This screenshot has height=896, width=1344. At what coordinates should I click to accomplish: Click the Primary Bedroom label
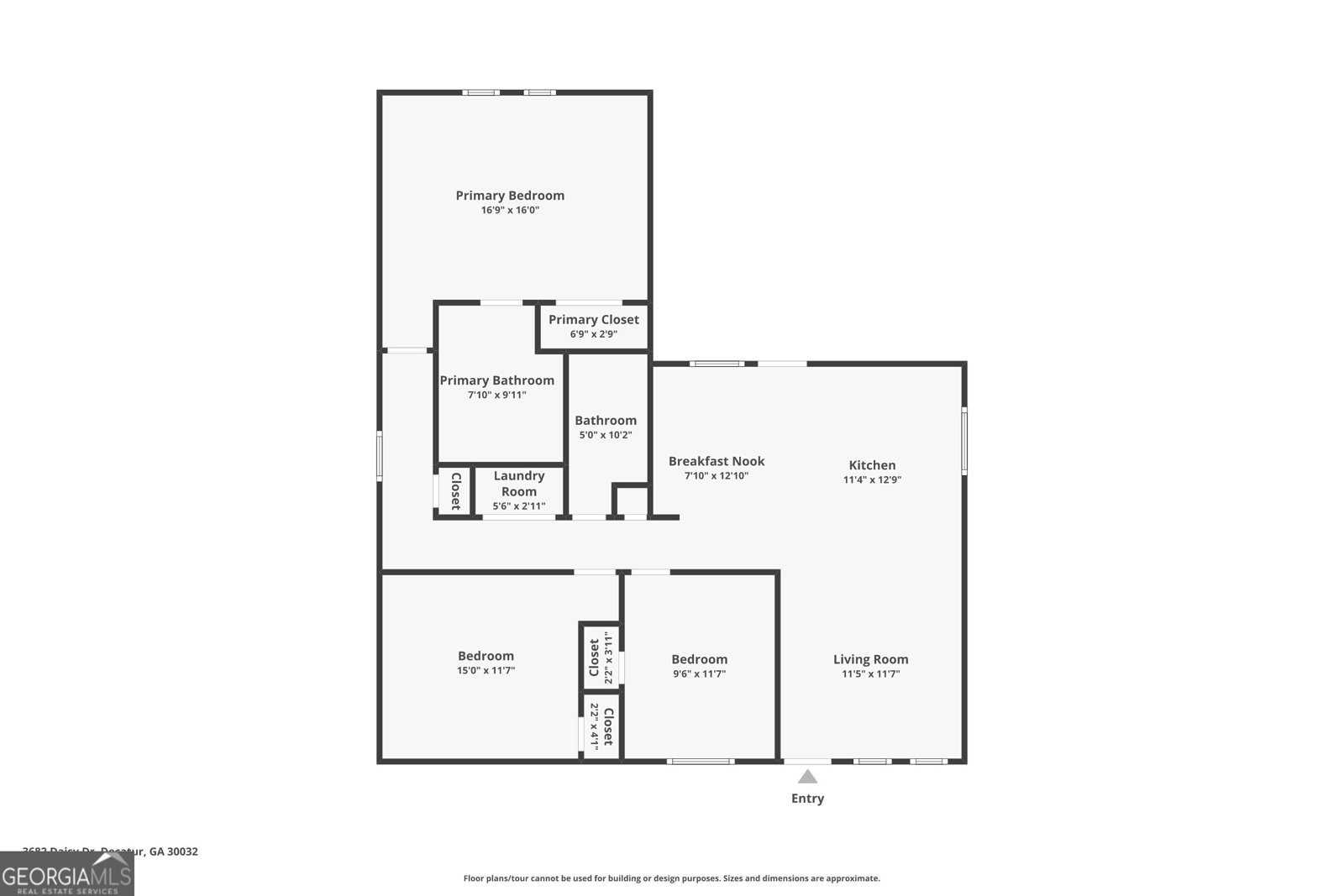point(510,196)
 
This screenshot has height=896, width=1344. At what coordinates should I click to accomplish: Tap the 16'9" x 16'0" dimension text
point(510,211)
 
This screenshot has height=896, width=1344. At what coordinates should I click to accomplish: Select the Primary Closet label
point(594,320)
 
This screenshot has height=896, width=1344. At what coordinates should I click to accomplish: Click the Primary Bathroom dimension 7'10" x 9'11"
point(496,395)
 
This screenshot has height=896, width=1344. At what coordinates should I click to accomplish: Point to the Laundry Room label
point(519,484)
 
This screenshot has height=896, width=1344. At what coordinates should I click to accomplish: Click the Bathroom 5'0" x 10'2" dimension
point(606,435)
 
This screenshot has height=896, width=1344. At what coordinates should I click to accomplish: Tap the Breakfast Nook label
point(717,461)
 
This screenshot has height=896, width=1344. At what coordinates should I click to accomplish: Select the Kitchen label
point(872,465)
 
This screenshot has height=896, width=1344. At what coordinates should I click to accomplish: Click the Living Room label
point(870,659)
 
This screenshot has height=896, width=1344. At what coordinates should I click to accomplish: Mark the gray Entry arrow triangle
point(807,777)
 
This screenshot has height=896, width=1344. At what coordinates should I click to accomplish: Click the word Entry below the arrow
point(807,799)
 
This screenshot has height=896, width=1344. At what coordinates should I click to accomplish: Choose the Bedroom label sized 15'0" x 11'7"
point(486,656)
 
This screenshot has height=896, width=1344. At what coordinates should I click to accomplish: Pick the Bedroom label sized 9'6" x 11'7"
point(699,659)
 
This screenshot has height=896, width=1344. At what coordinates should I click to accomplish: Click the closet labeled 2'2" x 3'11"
point(601,658)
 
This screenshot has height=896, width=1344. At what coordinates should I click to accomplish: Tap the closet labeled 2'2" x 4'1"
point(601,726)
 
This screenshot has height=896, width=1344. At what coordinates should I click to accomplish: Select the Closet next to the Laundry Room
point(455,491)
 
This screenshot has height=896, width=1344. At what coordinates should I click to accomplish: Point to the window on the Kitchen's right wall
point(964,440)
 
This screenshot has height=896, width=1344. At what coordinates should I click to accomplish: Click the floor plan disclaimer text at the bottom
point(671,878)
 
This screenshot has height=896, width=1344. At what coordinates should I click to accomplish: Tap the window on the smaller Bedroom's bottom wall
point(701,762)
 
